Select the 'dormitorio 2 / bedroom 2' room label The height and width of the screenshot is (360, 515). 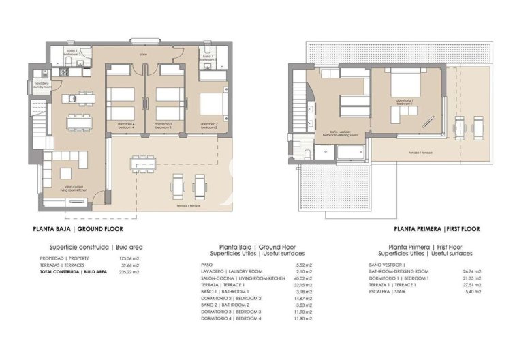pos(208,125)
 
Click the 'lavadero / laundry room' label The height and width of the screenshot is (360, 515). pos(39,85)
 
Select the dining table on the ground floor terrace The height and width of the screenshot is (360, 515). pos(143,164)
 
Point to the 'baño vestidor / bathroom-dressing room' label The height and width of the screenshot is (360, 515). pos(336,134)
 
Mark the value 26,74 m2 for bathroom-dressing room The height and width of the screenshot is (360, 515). pos(472,271)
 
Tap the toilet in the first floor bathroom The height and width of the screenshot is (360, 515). pos(309,153)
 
